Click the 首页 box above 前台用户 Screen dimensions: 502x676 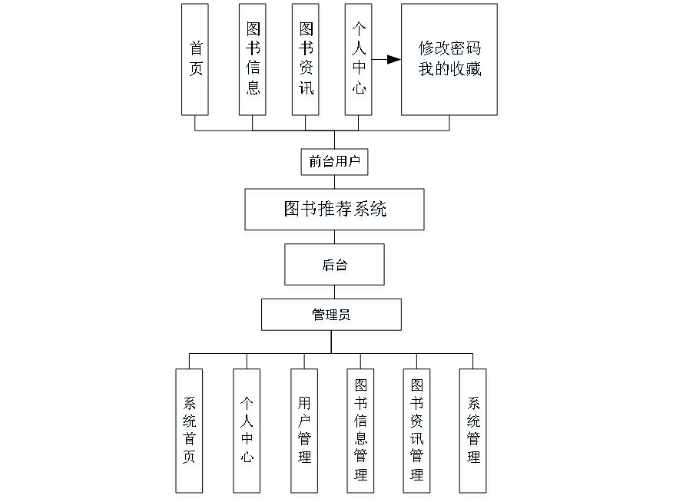pyautogui.click(x=195, y=59)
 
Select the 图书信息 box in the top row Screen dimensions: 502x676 pyautogui.click(x=252, y=59)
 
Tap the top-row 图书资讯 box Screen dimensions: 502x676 pyautogui.click(x=306, y=59)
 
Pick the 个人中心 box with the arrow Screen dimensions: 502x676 pyautogui.click(x=359, y=59)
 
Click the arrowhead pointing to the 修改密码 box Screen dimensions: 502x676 pyautogui.click(x=395, y=59)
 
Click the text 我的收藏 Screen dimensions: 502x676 pyautogui.click(x=449, y=69)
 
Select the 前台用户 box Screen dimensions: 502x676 pyautogui.click(x=334, y=162)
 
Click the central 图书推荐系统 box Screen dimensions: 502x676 pyautogui.click(x=334, y=209)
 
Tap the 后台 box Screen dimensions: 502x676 pyautogui.click(x=334, y=265)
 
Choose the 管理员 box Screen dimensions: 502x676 pyautogui.click(x=331, y=315)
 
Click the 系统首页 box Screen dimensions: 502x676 pyautogui.click(x=189, y=431)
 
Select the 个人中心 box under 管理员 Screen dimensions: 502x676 pyautogui.click(x=247, y=431)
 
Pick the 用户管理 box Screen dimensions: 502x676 pyautogui.click(x=304, y=431)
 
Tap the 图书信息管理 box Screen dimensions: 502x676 pyautogui.click(x=360, y=431)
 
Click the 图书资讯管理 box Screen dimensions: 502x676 pyautogui.click(x=417, y=431)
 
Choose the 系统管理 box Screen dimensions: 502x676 pyautogui.click(x=473, y=431)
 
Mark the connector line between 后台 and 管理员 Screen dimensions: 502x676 pyautogui.click(x=334, y=292)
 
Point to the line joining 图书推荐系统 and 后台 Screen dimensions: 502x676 pyautogui.click(x=334, y=237)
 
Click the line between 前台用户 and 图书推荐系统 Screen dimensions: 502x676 pyautogui.click(x=334, y=182)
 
